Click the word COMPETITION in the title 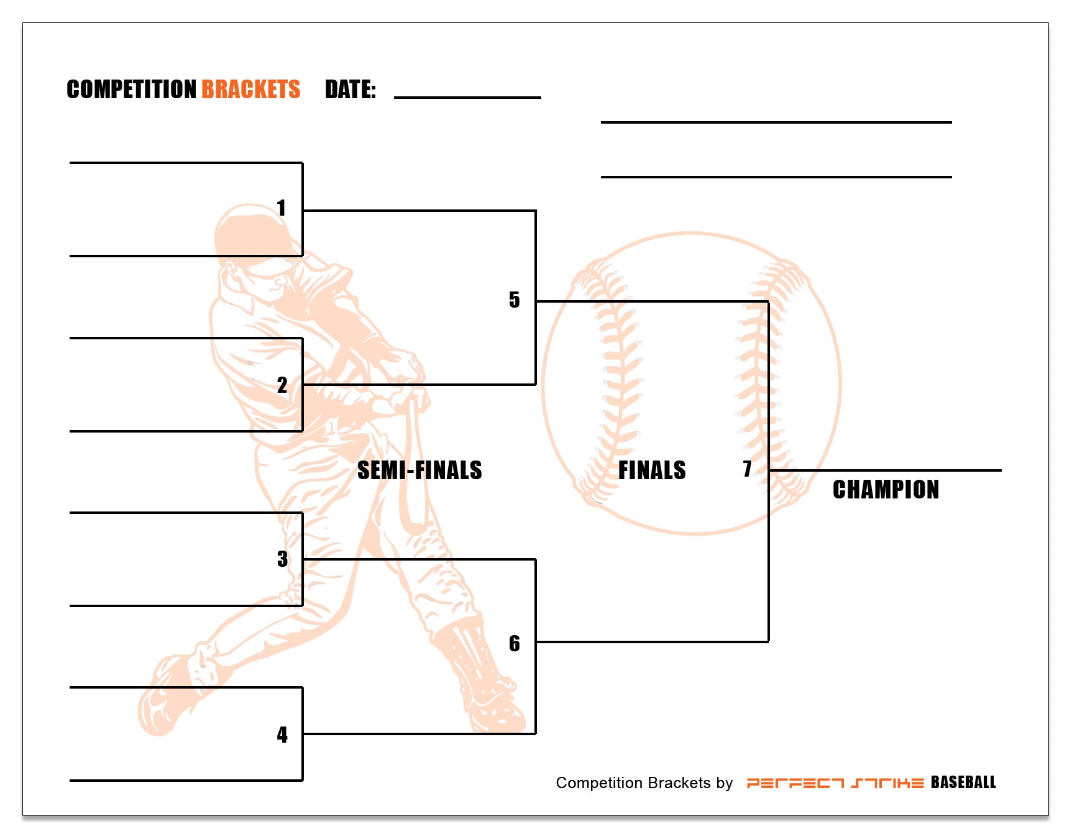(131, 89)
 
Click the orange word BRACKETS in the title (250, 89)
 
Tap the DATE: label (350, 89)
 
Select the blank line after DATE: (467, 96)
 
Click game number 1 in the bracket (282, 208)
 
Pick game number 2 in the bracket (282, 385)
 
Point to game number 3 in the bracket (283, 559)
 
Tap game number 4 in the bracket (282, 735)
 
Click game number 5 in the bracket (514, 300)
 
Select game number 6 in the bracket (514, 643)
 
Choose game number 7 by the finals (747, 469)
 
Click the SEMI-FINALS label (419, 470)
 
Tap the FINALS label (652, 470)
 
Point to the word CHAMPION (886, 490)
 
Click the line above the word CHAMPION (885, 470)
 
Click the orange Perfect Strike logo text (835, 783)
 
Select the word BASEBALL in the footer (963, 782)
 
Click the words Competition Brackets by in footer (644, 783)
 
